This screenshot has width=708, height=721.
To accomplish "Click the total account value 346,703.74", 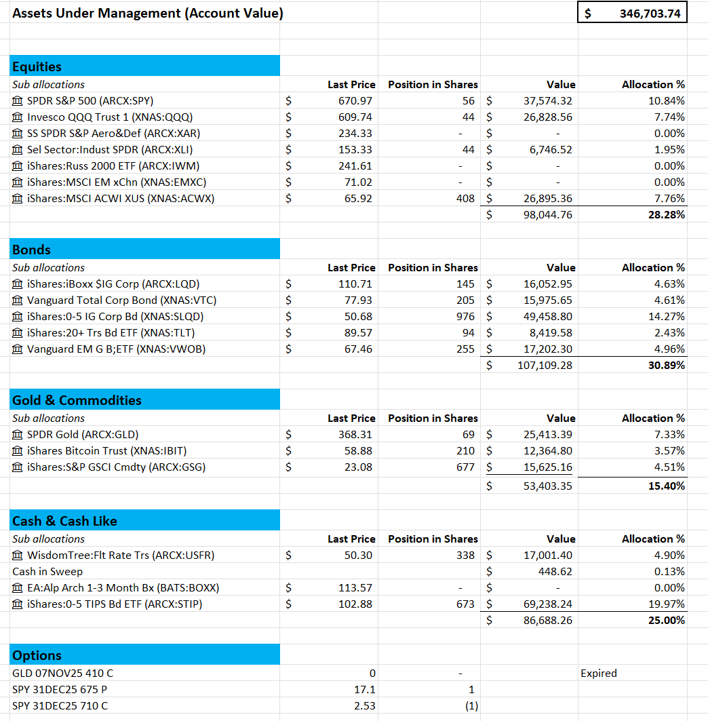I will point(649,13).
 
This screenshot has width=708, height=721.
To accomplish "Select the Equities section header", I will point(37,66).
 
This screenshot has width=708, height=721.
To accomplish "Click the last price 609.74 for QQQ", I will point(356,117).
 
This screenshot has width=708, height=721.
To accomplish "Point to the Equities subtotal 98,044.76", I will point(547,214).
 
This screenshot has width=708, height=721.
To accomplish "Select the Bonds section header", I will point(32,250).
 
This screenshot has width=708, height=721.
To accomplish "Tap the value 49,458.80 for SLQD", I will point(547,316).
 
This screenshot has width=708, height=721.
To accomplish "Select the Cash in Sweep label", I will point(47,571).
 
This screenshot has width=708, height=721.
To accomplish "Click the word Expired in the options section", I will point(599,673).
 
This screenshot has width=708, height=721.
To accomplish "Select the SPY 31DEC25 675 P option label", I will point(60,689).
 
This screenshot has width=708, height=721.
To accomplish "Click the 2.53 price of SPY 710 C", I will point(365,705).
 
